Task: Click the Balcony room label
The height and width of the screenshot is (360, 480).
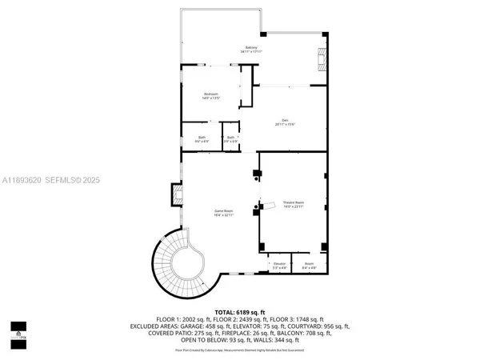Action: pos(251,50)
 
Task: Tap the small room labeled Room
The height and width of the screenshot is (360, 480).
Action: pos(310,266)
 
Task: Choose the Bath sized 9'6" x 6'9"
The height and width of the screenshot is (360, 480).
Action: pos(202,139)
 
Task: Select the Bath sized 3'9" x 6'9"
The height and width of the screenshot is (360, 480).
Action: pos(230,139)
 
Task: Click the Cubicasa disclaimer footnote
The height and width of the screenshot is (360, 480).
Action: pos(239,350)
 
